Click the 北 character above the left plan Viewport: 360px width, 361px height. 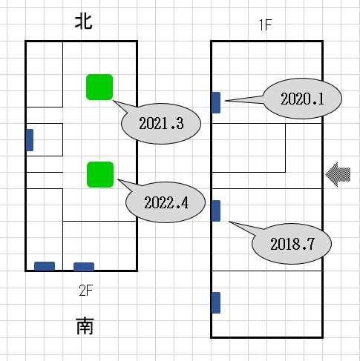point(84,21)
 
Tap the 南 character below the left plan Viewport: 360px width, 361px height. point(85,326)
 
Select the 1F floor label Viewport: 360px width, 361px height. point(266,25)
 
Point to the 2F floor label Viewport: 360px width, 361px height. point(85,291)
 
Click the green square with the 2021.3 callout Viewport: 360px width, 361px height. point(99,87)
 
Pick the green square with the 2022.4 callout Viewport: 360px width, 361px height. point(100,175)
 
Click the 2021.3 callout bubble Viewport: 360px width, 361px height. point(161,124)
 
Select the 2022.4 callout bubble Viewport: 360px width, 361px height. point(166,202)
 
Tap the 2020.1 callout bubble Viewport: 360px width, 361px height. point(302,99)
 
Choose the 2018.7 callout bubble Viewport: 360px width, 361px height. point(292,244)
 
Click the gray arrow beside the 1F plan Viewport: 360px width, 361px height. point(338,174)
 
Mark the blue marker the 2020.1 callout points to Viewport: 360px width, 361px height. point(216,102)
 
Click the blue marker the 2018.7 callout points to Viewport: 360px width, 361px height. point(216,211)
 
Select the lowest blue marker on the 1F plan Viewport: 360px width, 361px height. point(216,302)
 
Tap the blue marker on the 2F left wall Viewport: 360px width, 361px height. point(30,140)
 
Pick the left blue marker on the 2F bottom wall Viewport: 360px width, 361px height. point(45,266)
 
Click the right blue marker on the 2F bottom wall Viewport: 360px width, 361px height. point(84,267)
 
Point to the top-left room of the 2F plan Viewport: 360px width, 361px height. point(45,74)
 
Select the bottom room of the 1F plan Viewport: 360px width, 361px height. point(266,304)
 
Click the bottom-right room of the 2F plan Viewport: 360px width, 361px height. point(99,245)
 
